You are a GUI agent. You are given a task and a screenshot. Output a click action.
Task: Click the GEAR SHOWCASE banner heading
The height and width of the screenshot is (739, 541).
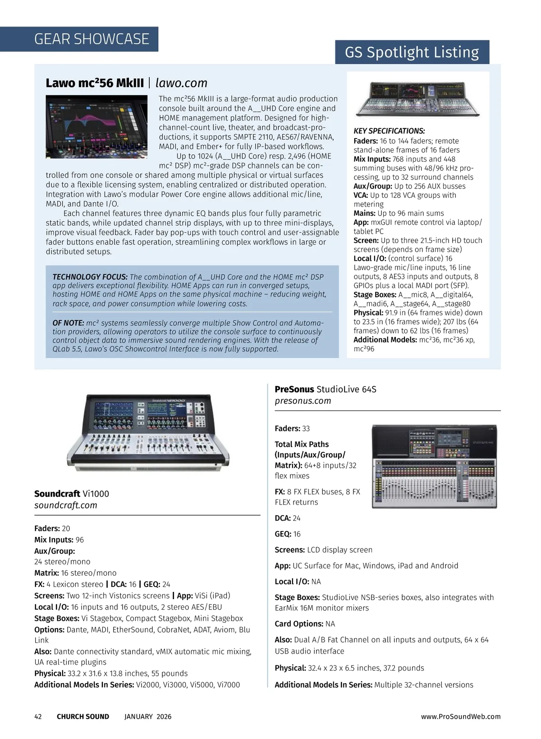(x=92, y=39)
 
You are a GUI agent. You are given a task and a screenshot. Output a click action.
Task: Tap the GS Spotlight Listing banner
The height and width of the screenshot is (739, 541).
(x=412, y=52)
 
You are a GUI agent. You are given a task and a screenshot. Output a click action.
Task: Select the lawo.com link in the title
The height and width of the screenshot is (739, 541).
(x=181, y=83)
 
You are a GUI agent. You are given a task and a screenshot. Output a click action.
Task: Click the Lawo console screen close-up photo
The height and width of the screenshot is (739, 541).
(x=96, y=126)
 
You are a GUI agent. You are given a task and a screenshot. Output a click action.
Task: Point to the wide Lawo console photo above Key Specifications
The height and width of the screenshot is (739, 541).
(x=418, y=99)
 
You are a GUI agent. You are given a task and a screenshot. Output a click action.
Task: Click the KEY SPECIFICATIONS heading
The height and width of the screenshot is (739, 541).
(x=389, y=131)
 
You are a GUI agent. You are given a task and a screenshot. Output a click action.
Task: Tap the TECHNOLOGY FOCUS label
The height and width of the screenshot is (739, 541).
(x=90, y=277)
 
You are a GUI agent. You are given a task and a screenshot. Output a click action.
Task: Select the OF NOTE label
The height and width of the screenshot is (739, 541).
(x=68, y=323)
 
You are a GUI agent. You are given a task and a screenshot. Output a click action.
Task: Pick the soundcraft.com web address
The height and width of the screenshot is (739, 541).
(x=66, y=505)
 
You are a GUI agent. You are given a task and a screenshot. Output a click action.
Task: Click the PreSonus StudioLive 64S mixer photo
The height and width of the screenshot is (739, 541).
(x=434, y=466)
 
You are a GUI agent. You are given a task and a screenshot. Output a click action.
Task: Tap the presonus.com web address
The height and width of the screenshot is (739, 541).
(x=303, y=401)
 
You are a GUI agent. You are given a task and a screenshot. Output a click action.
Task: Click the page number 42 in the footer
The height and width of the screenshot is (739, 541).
(x=38, y=716)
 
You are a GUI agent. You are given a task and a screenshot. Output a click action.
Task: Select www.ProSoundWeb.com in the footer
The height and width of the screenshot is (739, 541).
(x=461, y=716)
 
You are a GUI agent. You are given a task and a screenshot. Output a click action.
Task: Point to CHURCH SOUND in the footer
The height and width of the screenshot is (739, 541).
(x=83, y=716)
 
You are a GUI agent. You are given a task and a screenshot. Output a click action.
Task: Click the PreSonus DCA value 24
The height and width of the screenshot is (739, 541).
(x=297, y=518)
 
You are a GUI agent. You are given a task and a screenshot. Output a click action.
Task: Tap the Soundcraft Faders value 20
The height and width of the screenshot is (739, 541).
(x=66, y=528)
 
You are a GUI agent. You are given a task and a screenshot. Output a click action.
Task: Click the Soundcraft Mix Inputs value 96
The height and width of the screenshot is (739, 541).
(x=80, y=540)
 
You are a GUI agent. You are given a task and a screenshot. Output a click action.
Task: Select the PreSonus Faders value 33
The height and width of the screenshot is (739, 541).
(x=306, y=429)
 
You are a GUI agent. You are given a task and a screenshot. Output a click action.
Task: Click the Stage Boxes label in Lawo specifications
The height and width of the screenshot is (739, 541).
(x=375, y=295)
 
